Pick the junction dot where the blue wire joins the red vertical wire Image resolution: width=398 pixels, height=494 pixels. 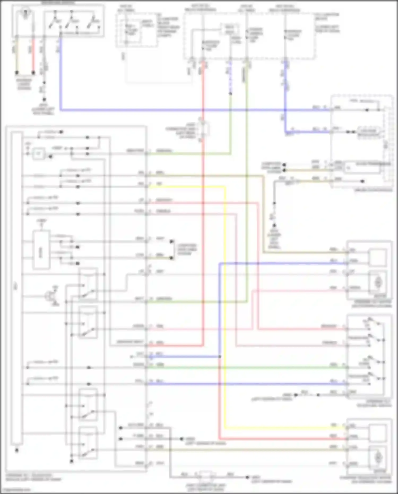click(220, 357)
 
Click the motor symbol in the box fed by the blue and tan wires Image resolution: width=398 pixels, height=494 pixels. click(378, 282)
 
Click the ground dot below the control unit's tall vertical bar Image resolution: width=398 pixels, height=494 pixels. click(17, 450)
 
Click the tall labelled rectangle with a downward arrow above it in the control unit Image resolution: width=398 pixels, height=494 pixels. click(41, 250)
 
